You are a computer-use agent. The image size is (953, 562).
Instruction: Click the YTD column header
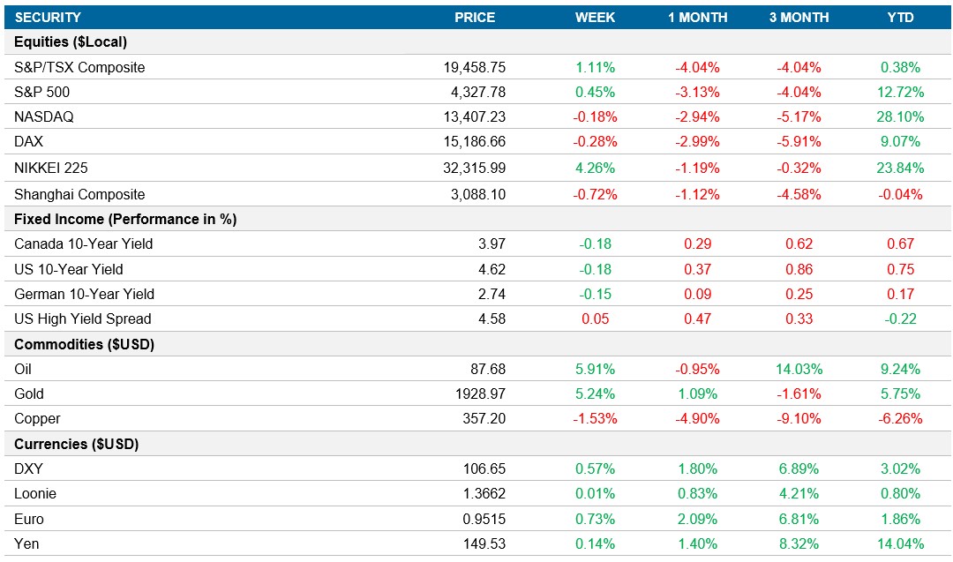pos(900,18)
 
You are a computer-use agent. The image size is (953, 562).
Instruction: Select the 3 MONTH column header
pos(799,18)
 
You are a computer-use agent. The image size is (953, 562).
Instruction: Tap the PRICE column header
pos(475,18)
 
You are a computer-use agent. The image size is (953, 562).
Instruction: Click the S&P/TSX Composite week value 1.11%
pos(595,67)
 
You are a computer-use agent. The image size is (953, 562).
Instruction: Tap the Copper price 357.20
pos(484,419)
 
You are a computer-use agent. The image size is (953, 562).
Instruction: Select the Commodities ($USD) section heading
pos(85,345)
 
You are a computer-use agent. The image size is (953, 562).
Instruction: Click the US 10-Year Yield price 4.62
pos(492,270)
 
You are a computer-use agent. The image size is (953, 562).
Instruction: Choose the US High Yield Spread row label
pos(83,319)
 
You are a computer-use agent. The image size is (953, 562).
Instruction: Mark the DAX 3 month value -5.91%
pos(799,142)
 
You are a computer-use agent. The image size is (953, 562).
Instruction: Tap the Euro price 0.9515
pos(484,520)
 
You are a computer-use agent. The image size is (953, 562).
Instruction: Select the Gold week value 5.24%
pos(595,394)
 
